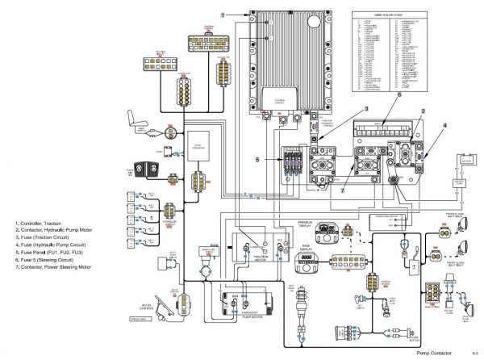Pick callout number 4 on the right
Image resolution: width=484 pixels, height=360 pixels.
click(x=444, y=126)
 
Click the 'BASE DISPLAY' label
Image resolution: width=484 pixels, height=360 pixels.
click(x=305, y=250)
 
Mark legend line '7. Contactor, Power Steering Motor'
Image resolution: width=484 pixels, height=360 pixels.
click(x=53, y=266)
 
